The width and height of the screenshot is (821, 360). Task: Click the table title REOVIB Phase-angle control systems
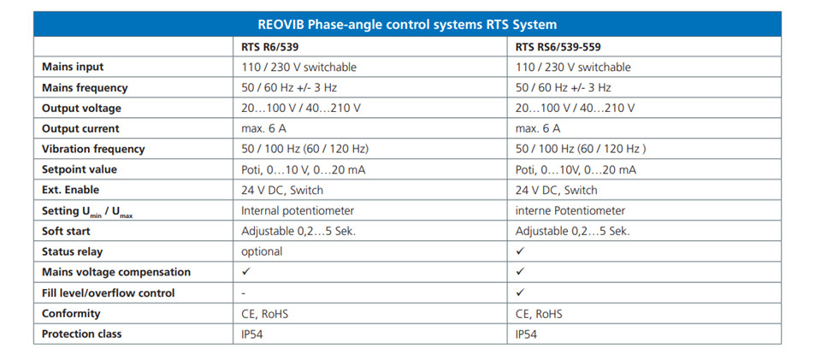[407, 25]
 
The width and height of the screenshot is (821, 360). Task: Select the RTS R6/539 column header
[269, 47]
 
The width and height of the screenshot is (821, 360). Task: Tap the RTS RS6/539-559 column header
[558, 47]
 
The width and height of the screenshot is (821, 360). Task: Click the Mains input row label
[73, 67]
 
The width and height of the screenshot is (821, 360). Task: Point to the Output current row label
[80, 129]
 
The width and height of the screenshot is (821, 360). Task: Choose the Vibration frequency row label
[93, 149]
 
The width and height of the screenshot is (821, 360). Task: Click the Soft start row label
[66, 231]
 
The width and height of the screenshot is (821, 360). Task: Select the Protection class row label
[82, 333]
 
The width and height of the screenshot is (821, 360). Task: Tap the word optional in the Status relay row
[262, 251]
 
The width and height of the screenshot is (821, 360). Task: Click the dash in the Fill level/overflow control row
[244, 293]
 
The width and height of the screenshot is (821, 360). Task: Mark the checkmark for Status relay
[520, 251]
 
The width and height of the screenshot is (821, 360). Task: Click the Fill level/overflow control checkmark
[520, 292]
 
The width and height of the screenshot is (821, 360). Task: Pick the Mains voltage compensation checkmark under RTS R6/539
[245, 272]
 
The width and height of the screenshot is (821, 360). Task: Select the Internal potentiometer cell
[298, 211]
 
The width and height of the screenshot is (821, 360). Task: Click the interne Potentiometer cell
[570, 211]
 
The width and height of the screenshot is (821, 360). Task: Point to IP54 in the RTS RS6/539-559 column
[526, 334]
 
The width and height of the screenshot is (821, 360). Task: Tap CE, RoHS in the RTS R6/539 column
[264, 314]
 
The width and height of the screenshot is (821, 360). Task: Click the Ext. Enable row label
[70, 190]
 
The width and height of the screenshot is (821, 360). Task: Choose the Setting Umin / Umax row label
[87, 212]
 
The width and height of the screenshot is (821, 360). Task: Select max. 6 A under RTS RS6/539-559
[538, 129]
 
